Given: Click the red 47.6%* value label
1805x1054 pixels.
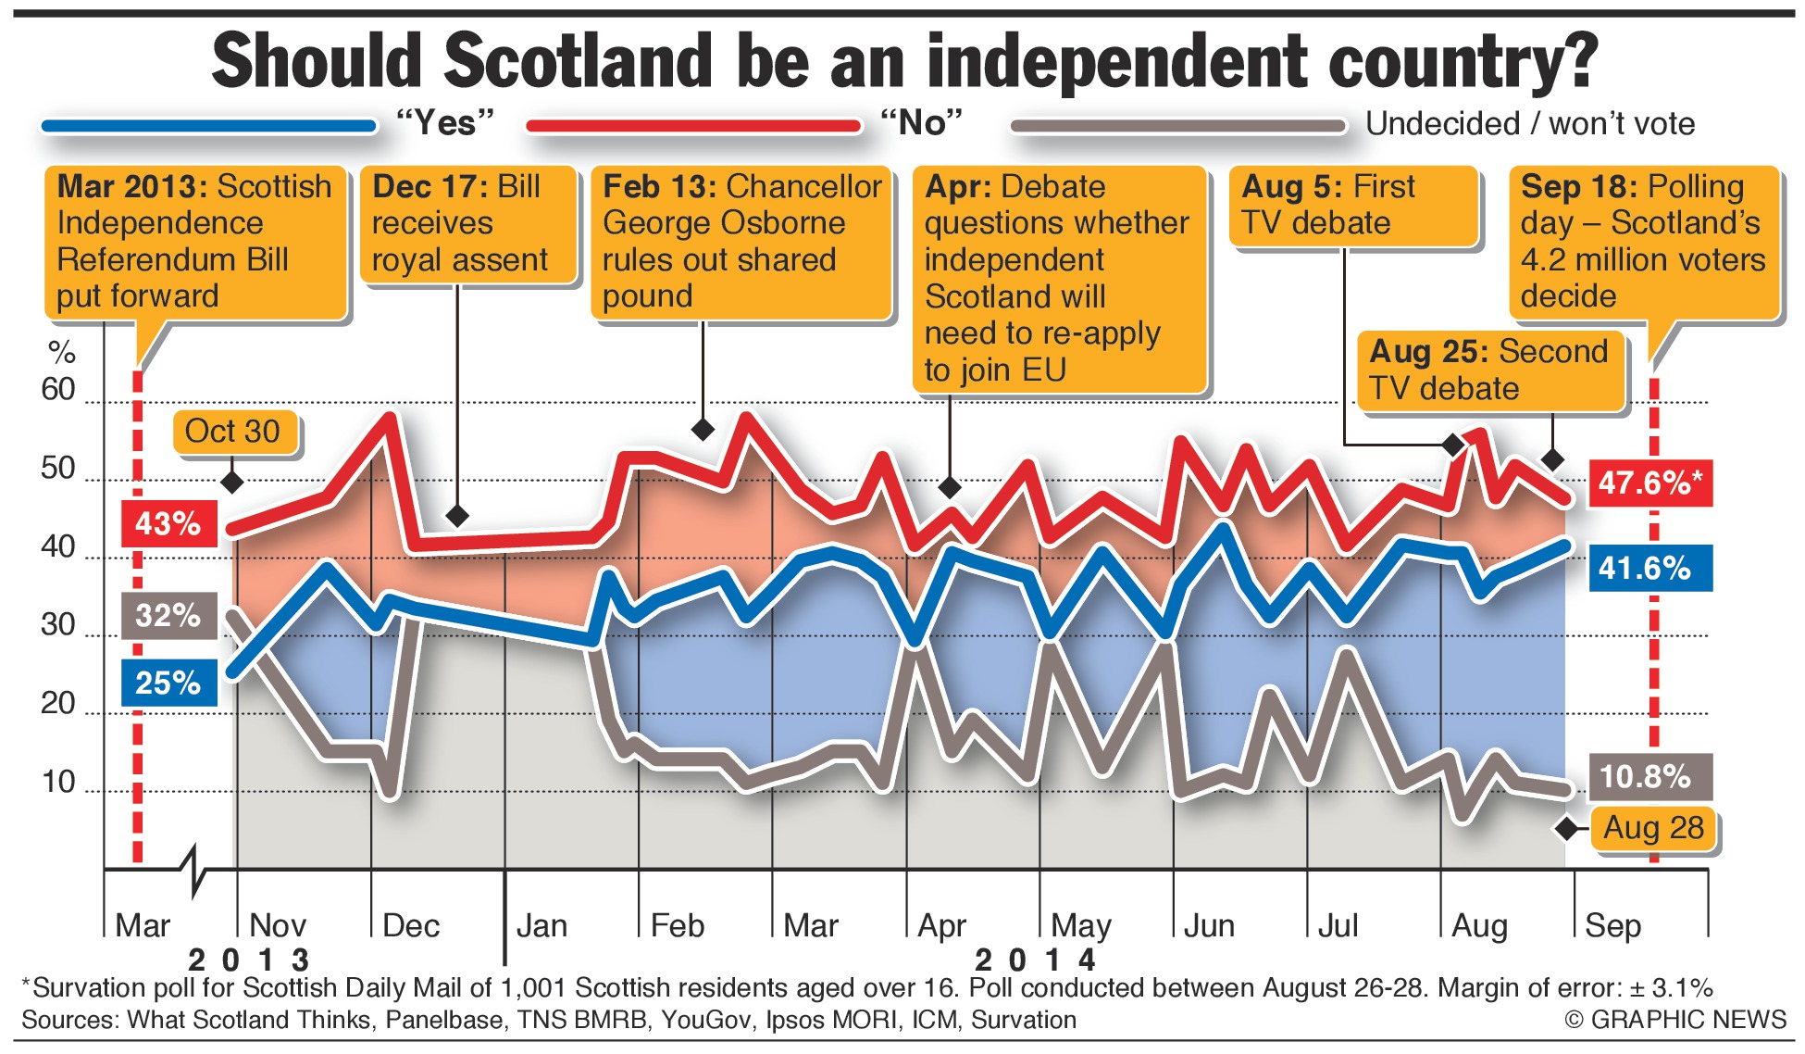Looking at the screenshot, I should (1650, 483).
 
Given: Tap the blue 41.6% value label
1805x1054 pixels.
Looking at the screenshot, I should (1650, 568).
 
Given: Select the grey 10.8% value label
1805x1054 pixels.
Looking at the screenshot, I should (1650, 776).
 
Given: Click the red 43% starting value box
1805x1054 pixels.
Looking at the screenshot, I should (168, 524).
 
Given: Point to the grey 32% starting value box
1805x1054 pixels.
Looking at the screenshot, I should (168, 616).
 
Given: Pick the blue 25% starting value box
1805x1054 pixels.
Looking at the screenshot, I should (168, 684).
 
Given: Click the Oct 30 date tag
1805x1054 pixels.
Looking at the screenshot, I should (233, 432).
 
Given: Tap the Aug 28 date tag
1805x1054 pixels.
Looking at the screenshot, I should (1653, 828).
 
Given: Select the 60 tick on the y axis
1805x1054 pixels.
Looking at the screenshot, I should (57, 390).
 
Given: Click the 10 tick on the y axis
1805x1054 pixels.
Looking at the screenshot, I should (57, 783).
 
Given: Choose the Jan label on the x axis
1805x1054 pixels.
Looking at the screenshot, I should (541, 925).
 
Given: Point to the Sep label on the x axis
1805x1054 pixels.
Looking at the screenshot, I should (1612, 925).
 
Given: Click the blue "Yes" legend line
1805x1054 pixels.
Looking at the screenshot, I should (209, 126).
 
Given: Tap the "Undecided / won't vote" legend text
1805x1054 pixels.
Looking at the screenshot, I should (1530, 124).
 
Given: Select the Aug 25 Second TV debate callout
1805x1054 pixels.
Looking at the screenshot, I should (1490, 370).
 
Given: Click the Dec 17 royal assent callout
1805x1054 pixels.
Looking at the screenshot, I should (468, 223).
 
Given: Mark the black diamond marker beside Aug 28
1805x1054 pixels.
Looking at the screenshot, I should (1567, 829).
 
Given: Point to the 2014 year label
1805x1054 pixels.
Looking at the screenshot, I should (1035, 960).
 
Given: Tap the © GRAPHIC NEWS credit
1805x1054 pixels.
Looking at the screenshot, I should (1675, 1020).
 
